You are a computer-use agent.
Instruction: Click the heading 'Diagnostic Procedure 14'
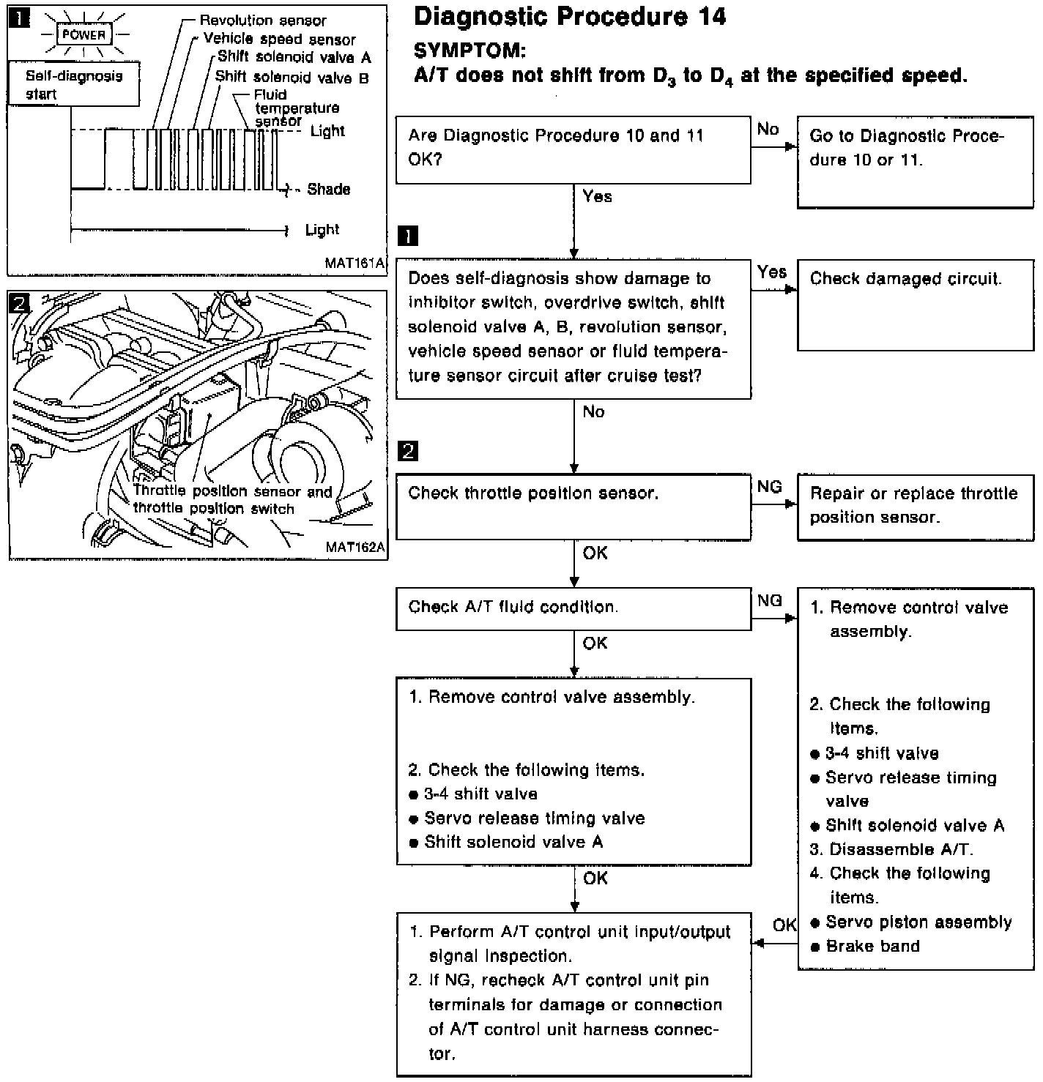click(569, 16)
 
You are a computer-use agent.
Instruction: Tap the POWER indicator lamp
click(83, 34)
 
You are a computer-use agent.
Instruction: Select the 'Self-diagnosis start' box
click(73, 84)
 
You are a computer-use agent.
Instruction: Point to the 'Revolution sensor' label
click(262, 20)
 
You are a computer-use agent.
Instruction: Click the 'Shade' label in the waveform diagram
click(328, 190)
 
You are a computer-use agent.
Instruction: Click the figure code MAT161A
click(355, 264)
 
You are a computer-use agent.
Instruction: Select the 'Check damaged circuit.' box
click(915, 305)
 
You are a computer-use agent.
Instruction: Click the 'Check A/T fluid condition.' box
click(573, 609)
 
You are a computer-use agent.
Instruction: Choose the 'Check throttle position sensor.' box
click(573, 507)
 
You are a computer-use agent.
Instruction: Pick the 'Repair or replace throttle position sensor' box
click(915, 507)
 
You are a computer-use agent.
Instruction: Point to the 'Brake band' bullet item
click(872, 947)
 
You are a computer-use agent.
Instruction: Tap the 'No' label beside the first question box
click(768, 130)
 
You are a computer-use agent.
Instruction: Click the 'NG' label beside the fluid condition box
click(770, 600)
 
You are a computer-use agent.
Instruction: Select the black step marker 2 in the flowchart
click(407, 451)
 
